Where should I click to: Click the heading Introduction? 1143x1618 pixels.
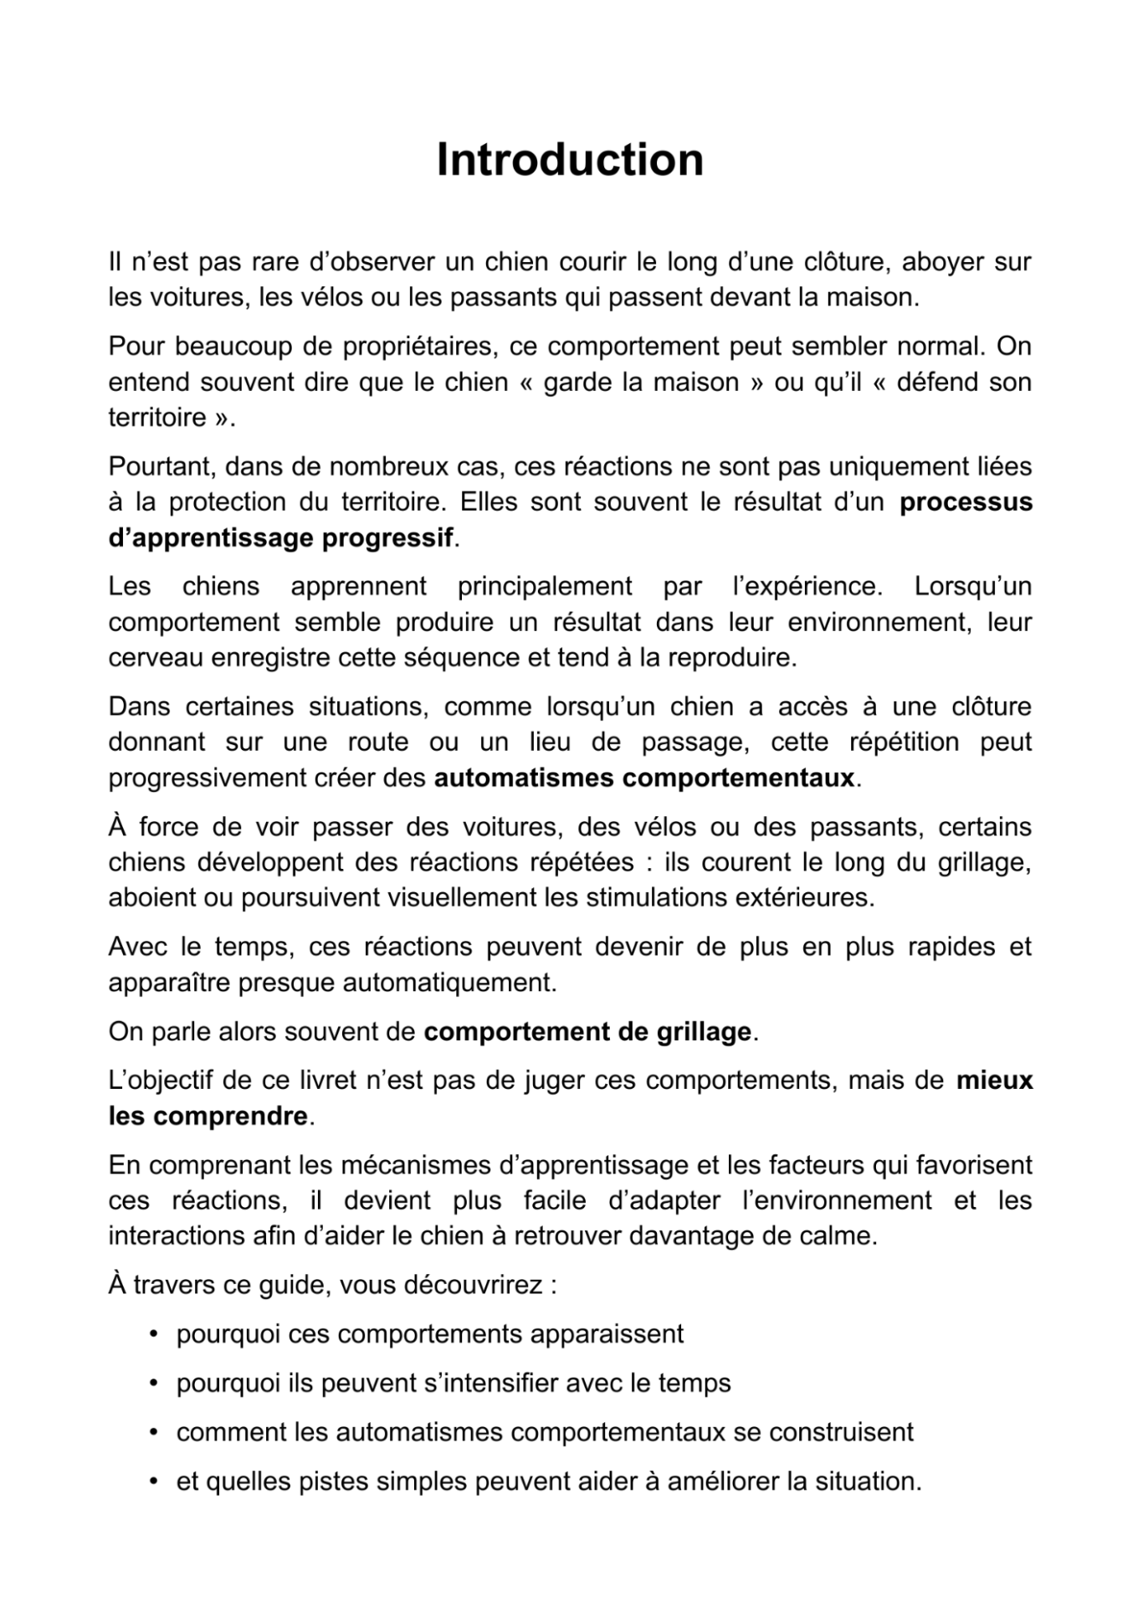pyautogui.click(x=570, y=160)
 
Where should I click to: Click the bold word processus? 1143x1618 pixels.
pyautogui.click(x=966, y=502)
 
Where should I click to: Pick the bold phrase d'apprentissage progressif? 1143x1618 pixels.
pyautogui.click(x=281, y=537)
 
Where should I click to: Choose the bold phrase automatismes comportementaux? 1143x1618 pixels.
pyautogui.click(x=644, y=778)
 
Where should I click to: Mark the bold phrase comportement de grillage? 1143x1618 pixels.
pyautogui.click(x=587, y=1032)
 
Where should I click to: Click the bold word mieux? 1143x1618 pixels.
pyautogui.click(x=994, y=1081)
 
